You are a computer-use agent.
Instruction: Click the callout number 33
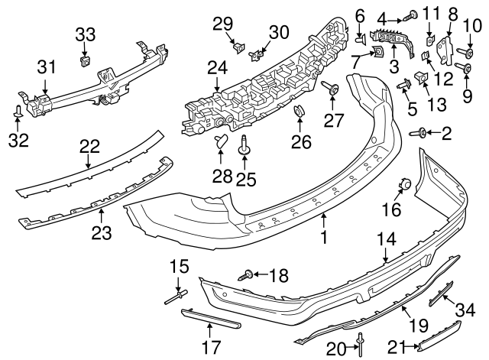[x=85, y=33]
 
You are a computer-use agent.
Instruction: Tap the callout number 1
[x=323, y=238]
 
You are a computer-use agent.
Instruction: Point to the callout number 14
[x=387, y=239]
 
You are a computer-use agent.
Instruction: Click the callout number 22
[x=89, y=144]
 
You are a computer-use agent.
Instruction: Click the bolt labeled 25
[x=244, y=146]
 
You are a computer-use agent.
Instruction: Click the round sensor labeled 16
[x=405, y=183]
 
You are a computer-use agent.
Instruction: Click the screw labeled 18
[x=246, y=273]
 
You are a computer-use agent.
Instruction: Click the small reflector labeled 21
[x=437, y=332]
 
